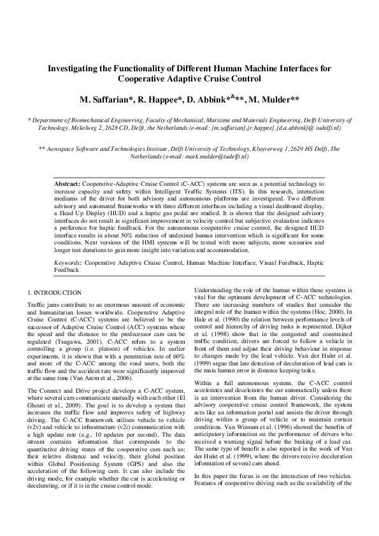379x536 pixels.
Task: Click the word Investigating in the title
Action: pyautogui.click(x=77, y=67)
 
